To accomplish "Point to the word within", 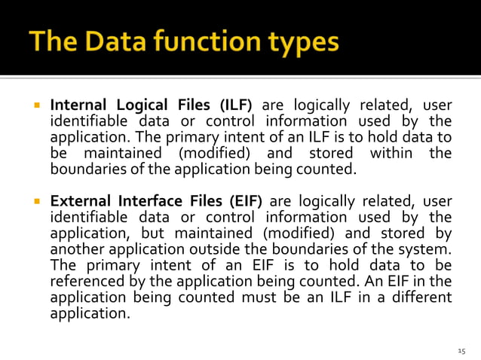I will tap(391, 154).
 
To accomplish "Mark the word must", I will tap(268, 297).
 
